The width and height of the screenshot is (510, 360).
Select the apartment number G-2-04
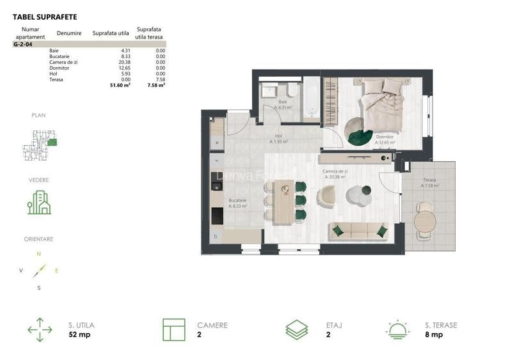click(23, 45)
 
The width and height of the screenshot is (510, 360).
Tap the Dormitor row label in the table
click(58, 68)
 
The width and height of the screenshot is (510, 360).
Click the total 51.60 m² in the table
click(120, 84)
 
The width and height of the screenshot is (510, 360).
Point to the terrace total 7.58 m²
click(156, 84)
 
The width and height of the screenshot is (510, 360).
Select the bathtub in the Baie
click(311, 98)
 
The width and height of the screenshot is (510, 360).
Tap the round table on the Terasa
click(425, 221)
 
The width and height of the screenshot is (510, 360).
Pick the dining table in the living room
click(284, 201)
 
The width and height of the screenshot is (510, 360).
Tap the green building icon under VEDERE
click(39, 202)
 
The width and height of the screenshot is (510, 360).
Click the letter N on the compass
click(38, 254)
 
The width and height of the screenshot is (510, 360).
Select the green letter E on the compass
click(56, 270)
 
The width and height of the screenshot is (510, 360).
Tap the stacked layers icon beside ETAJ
click(296, 329)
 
